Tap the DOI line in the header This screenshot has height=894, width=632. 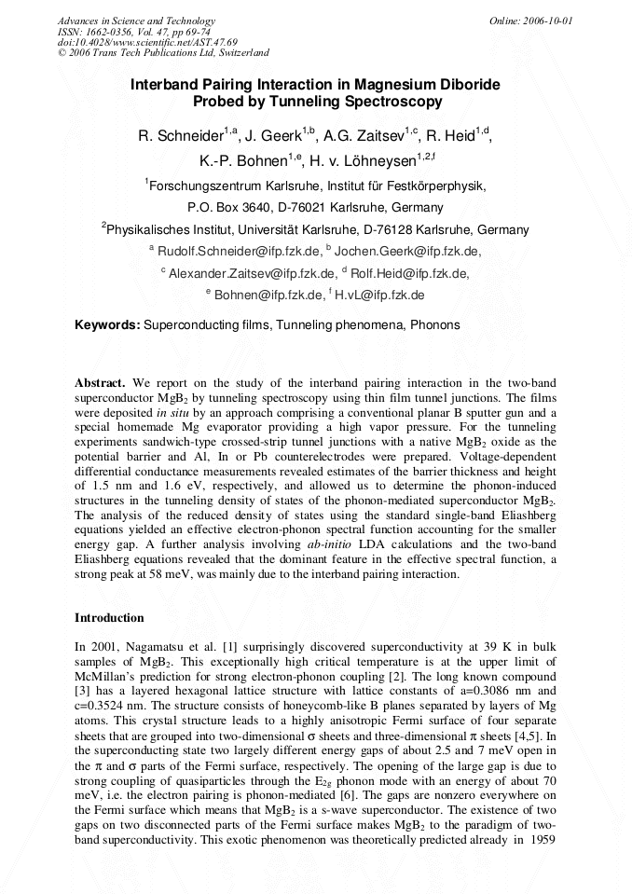coord(147,42)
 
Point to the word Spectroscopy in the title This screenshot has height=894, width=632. coord(388,103)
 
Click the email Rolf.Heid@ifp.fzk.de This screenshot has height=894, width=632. coord(409,273)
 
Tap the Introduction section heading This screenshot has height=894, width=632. coord(109,618)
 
